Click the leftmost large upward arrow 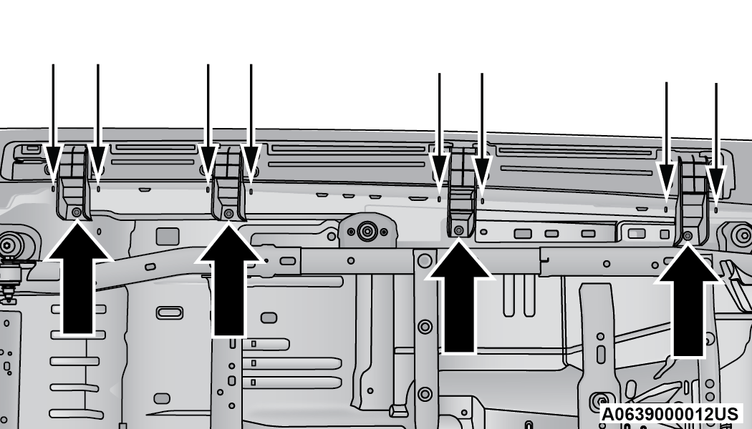[77, 277]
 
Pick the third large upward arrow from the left [459, 296]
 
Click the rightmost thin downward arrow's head [716, 185]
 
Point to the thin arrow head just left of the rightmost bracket [666, 182]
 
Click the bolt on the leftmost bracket [76, 212]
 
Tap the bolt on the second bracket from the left [228, 213]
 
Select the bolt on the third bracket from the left [458, 230]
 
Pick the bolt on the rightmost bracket [688, 235]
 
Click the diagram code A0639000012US [670, 414]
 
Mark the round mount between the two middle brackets [367, 232]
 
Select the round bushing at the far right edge [743, 235]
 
